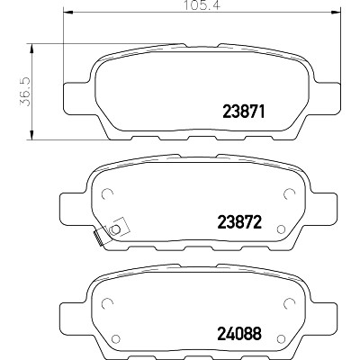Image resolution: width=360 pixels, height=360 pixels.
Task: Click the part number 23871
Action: (244, 112)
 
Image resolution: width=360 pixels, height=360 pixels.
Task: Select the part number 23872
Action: (239, 222)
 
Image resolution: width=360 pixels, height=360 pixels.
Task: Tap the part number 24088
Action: (239, 334)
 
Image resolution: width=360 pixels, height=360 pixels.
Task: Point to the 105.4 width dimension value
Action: (202, 5)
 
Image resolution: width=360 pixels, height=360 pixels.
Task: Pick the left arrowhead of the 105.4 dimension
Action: (68, 13)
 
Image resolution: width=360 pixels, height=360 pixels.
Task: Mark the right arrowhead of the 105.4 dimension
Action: (337, 13)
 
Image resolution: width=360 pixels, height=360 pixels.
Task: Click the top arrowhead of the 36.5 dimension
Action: (31, 48)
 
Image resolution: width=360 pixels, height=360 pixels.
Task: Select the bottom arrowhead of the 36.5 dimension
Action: (31, 135)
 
